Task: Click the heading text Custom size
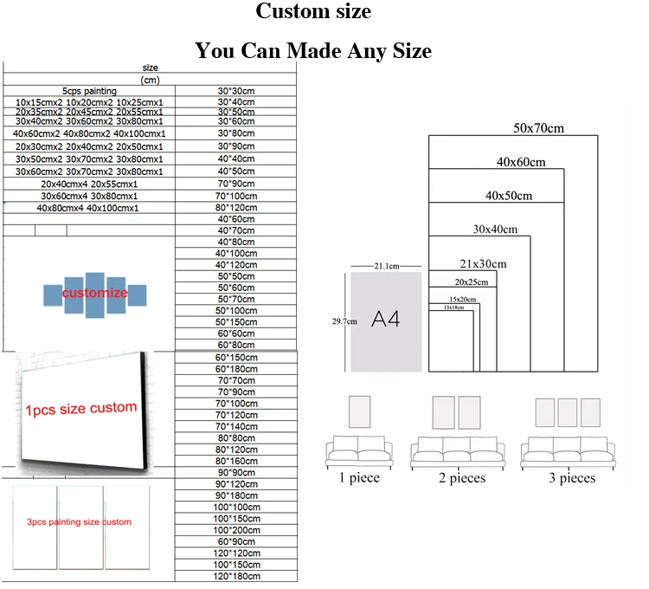pos(312,12)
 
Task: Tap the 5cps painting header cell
pos(89,91)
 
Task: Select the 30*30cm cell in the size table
pos(235,91)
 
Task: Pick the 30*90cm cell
pos(235,148)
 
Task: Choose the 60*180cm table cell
pos(235,369)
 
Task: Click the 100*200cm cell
pos(235,529)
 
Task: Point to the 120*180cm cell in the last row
pos(235,576)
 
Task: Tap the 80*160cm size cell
pos(235,461)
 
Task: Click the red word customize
pos(94,294)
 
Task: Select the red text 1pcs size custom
pos(80,408)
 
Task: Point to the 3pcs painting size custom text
pos(79,522)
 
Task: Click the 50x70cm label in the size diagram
pos(537,128)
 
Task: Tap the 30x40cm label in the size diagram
pos(494,230)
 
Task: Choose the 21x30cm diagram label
pos(482,264)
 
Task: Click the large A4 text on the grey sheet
pos(385,319)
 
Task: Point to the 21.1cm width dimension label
pos(385,265)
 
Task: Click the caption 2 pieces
pos(461,478)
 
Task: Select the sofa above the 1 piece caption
pos(357,452)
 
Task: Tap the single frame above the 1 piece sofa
pos(357,411)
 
